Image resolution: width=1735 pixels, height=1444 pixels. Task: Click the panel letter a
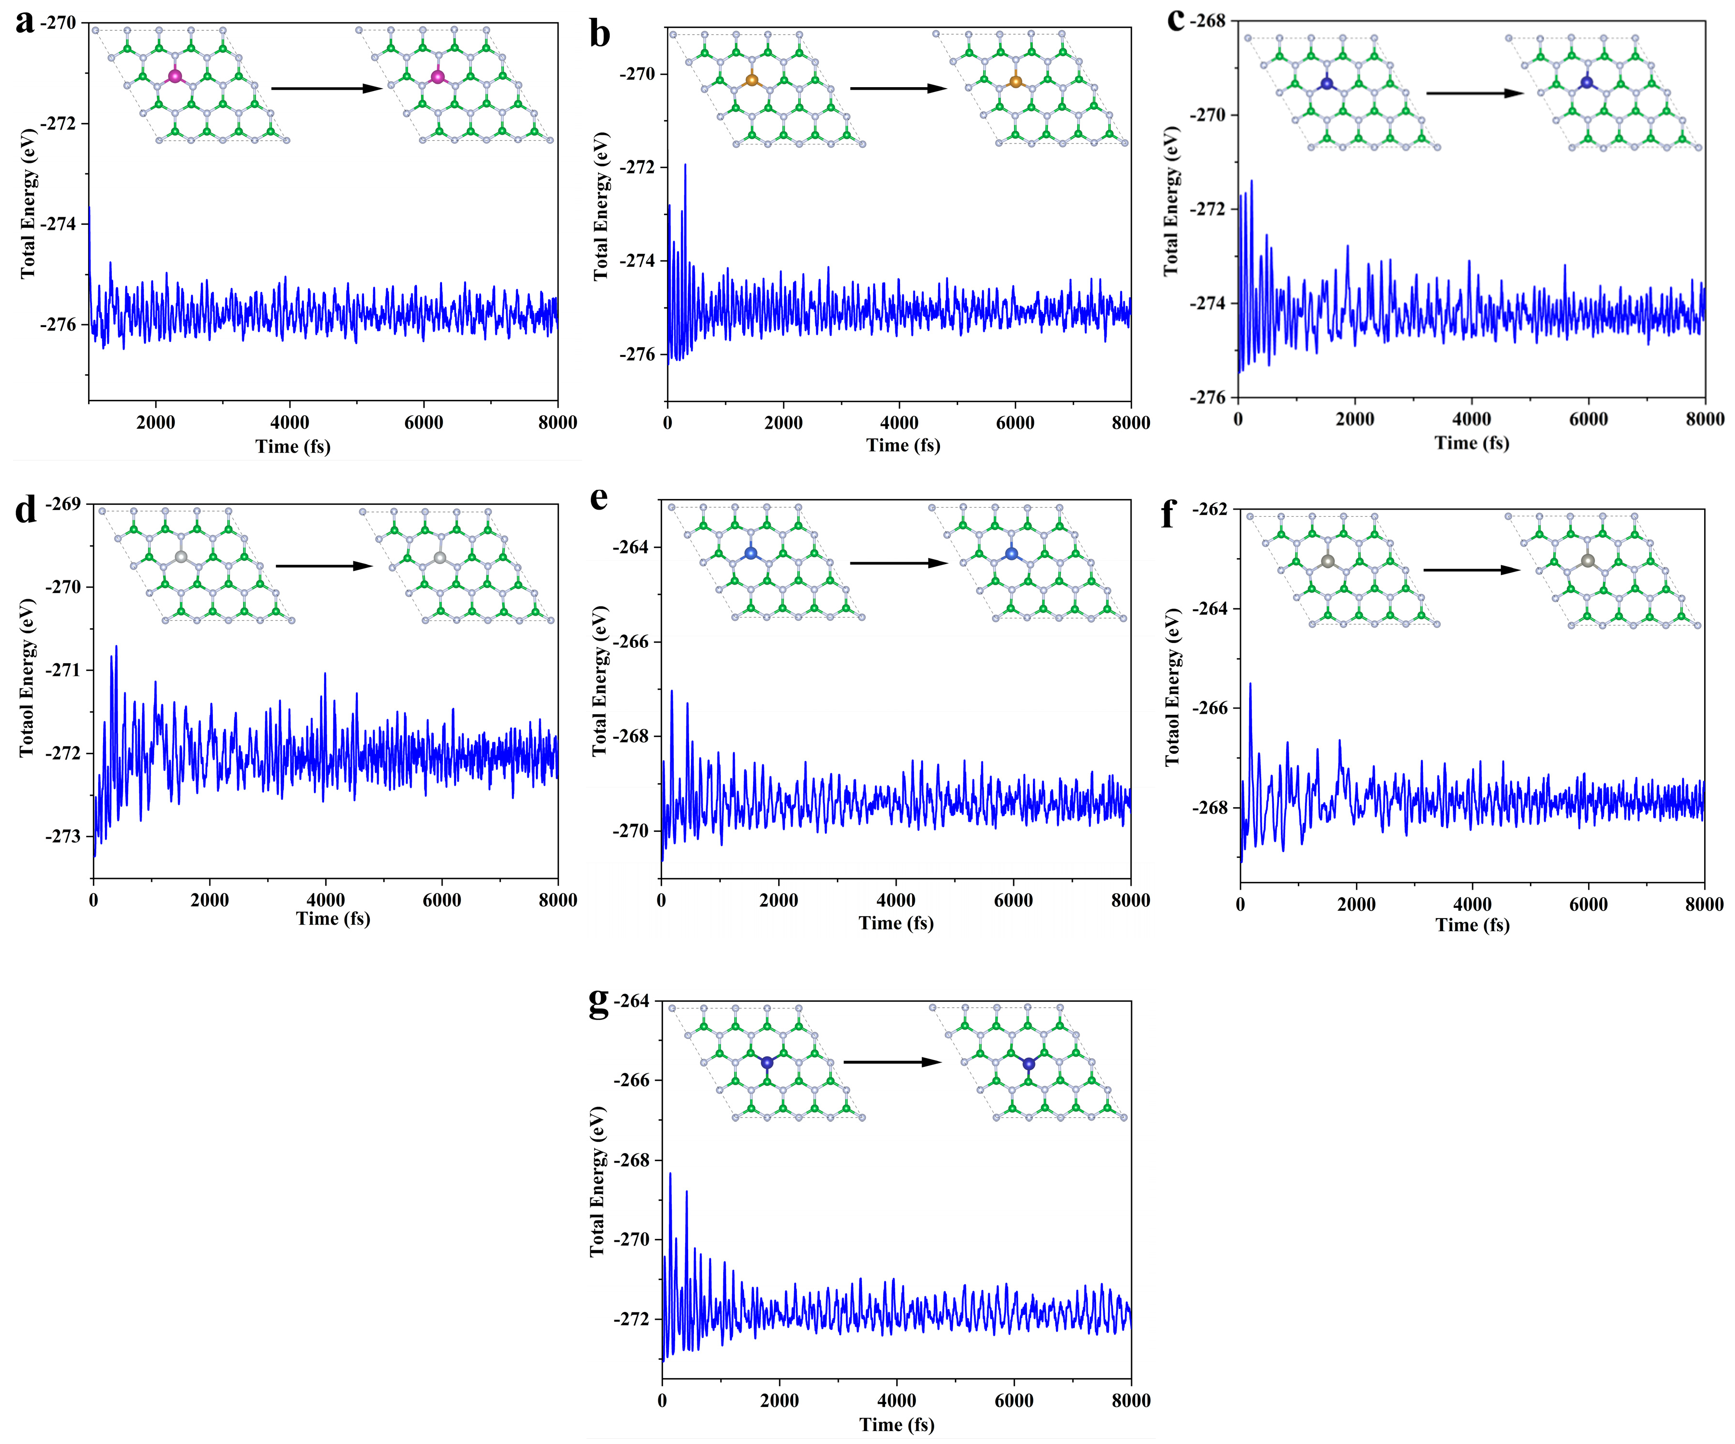(24, 22)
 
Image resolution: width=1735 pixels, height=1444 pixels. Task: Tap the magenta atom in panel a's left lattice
(174, 76)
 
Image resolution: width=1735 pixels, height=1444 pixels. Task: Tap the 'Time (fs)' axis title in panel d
(333, 919)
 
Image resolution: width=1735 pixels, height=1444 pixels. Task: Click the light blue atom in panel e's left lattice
(750, 553)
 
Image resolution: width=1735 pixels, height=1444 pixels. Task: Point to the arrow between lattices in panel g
(892, 1062)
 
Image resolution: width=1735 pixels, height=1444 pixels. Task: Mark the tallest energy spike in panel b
(685, 165)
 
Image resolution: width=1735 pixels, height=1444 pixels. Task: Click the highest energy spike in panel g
(670, 1174)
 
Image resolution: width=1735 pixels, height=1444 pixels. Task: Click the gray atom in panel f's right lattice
(1587, 561)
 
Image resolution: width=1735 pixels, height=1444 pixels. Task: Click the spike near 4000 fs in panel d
(325, 674)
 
